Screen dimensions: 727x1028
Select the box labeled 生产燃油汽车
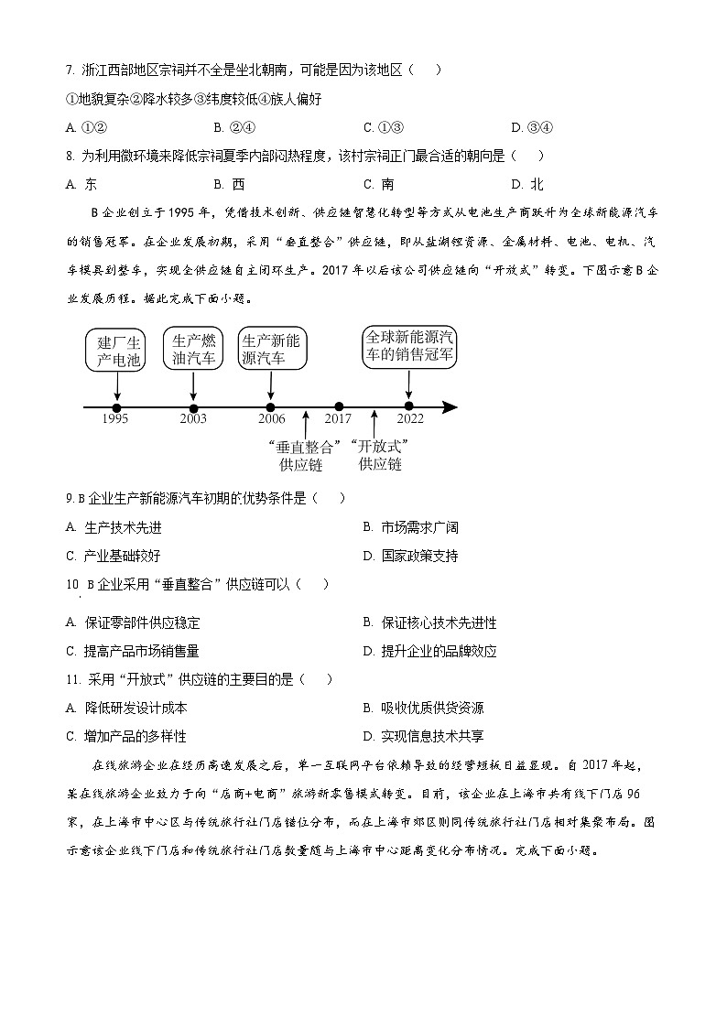[x=193, y=350]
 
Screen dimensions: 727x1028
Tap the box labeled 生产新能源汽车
[x=270, y=350]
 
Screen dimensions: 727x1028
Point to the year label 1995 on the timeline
[x=116, y=419]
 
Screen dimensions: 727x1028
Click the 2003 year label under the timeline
[x=193, y=419]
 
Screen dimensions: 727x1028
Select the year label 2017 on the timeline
[x=338, y=419]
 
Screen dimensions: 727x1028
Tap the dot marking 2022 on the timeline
[x=408, y=406]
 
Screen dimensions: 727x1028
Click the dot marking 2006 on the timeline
[x=270, y=406]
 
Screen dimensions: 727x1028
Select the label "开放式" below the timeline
[x=380, y=446]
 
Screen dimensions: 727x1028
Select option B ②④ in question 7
[x=233, y=127]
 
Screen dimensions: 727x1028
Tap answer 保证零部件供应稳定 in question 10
[x=133, y=622]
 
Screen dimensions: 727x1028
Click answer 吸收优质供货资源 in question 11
[x=424, y=708]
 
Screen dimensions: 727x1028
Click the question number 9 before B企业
[x=69, y=499]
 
